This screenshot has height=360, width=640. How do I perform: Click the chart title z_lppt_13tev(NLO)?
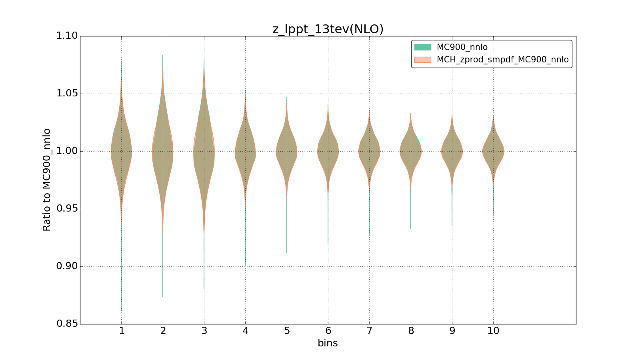pyautogui.click(x=328, y=29)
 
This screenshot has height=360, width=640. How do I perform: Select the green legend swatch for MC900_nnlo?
pyautogui.click(x=422, y=47)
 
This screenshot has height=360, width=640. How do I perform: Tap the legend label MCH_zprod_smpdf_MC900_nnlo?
pyautogui.click(x=502, y=60)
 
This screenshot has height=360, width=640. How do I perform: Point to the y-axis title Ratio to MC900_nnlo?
pyautogui.click(x=47, y=180)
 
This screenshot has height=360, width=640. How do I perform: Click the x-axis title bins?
pyautogui.click(x=328, y=343)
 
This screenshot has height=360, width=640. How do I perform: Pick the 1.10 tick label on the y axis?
pyautogui.click(x=67, y=36)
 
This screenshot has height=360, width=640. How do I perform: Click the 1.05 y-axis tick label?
pyautogui.click(x=67, y=94)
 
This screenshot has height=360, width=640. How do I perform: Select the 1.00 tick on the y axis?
pyautogui.click(x=67, y=151)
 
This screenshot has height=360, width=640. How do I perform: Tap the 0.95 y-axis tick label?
pyautogui.click(x=67, y=209)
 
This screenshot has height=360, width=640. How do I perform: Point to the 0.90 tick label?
pyautogui.click(x=67, y=266)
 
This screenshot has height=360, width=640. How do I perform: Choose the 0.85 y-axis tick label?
pyautogui.click(x=67, y=324)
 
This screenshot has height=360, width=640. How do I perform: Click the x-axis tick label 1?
pyautogui.click(x=122, y=331)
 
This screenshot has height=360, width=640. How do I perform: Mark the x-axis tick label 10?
pyautogui.click(x=493, y=331)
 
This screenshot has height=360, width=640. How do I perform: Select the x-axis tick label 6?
pyautogui.click(x=328, y=331)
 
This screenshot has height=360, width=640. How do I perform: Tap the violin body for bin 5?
pyautogui.click(x=287, y=151)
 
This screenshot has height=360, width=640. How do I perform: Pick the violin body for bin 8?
pyautogui.click(x=410, y=151)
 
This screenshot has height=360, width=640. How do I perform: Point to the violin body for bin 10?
pyautogui.click(x=493, y=151)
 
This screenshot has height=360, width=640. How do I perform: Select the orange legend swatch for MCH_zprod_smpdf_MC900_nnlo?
pyautogui.click(x=422, y=60)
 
